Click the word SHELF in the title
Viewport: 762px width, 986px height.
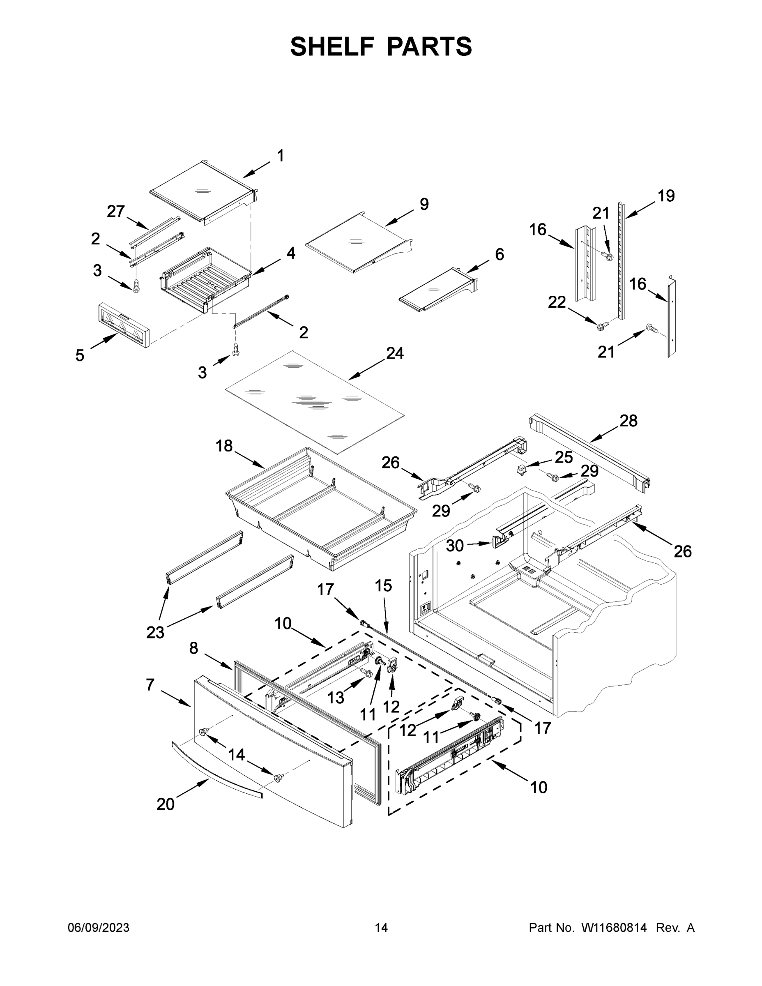point(332,46)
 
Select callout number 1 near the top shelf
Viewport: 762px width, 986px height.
point(280,156)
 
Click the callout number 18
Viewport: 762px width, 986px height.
point(224,446)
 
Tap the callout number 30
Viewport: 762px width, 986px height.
point(455,546)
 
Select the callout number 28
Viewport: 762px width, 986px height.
point(628,421)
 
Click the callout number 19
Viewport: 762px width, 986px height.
point(666,196)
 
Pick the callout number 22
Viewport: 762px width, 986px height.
point(557,302)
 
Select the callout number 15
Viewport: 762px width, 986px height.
point(383,585)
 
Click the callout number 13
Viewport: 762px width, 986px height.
point(336,698)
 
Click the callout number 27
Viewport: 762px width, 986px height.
point(115,211)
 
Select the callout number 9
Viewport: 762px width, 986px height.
point(424,204)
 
